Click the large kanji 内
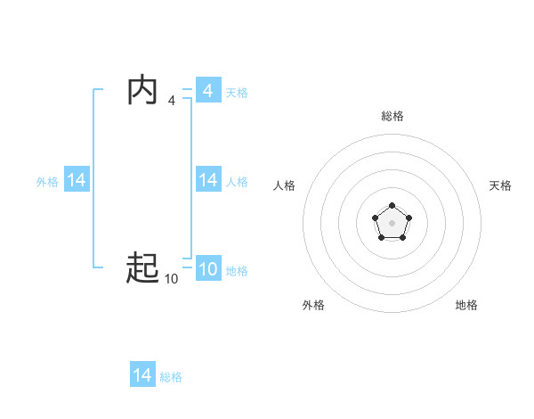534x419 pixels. (x=142, y=91)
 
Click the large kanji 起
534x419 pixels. (x=142, y=267)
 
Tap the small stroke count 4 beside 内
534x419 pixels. (x=171, y=101)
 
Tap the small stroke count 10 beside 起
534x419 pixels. (x=171, y=279)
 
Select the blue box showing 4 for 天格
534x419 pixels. (x=207, y=91)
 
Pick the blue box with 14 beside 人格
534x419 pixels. (x=207, y=180)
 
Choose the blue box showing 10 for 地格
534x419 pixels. (x=207, y=269)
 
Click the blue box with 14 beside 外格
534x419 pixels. (x=77, y=180)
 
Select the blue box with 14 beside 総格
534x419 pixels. (x=142, y=375)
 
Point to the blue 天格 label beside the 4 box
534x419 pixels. (x=237, y=92)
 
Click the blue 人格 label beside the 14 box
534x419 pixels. (x=237, y=181)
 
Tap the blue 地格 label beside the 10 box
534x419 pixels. (x=237, y=270)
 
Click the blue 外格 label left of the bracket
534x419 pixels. (x=47, y=181)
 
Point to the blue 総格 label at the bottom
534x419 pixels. (x=171, y=376)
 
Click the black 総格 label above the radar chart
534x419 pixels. (x=392, y=116)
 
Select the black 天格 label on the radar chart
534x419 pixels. (x=500, y=185)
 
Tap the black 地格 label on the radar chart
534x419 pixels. (x=466, y=305)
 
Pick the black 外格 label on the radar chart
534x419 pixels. (x=313, y=305)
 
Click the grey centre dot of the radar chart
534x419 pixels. (x=392, y=222)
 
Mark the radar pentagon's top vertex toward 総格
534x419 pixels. (x=392, y=206)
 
